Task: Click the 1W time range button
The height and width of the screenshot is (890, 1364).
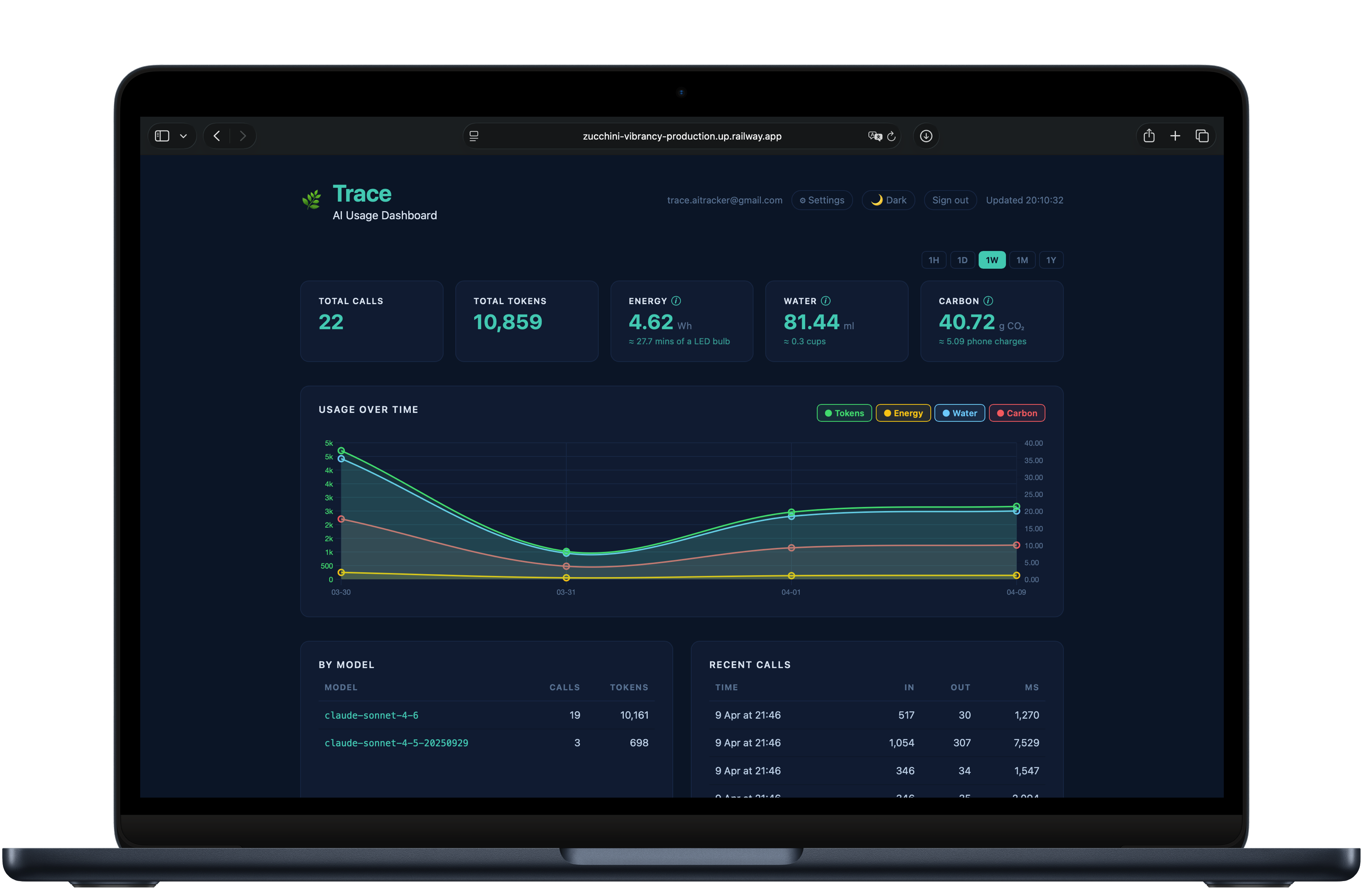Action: [992, 260]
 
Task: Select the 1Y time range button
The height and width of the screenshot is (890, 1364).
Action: [1051, 260]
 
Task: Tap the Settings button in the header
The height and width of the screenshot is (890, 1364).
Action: [822, 200]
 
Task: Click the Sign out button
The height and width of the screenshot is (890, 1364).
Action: [950, 200]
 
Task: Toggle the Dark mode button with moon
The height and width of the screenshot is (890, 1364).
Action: [888, 200]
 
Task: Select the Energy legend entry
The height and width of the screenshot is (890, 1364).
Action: [903, 413]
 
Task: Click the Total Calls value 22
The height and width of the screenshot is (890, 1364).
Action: [331, 322]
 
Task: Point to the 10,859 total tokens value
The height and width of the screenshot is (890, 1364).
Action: [507, 322]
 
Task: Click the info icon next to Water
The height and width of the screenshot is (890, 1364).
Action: [825, 300]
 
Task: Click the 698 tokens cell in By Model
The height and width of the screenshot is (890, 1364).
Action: [638, 743]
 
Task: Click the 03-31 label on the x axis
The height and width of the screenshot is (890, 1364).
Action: [566, 592]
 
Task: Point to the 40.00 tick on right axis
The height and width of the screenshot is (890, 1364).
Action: [1033, 443]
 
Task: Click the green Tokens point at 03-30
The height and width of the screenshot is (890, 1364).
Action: [341, 451]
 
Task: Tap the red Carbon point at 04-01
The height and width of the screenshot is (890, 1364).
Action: [791, 548]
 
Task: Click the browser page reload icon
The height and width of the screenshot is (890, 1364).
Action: [891, 136]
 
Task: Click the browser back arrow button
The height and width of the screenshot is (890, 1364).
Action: [216, 136]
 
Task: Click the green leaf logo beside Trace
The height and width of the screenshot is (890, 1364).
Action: [311, 200]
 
